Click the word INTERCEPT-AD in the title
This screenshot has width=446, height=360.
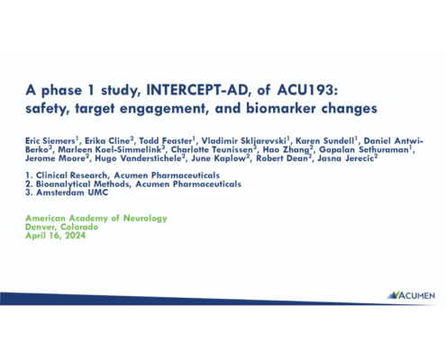[x=196, y=90]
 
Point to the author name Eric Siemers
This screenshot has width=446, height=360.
[x=50, y=140]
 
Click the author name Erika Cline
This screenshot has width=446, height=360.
[x=107, y=140]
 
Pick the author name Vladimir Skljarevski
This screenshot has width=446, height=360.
[x=243, y=140]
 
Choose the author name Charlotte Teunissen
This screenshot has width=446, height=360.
[x=212, y=149]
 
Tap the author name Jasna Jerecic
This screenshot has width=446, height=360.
[x=345, y=158]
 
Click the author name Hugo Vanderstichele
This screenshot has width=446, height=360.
[x=138, y=158]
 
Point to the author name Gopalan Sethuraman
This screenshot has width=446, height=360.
[x=364, y=149]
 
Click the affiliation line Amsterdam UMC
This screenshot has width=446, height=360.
[x=72, y=193]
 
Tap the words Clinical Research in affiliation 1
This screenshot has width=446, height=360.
[x=71, y=175]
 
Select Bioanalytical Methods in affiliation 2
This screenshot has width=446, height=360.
[x=83, y=184]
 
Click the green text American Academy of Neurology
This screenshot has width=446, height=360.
[x=96, y=218]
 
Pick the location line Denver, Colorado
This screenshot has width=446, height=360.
[x=61, y=227]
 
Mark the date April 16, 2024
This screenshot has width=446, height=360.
[x=55, y=236]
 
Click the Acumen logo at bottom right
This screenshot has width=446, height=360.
[x=411, y=295]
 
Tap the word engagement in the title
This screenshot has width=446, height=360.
[x=162, y=108]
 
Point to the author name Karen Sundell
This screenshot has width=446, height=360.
[x=324, y=140]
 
